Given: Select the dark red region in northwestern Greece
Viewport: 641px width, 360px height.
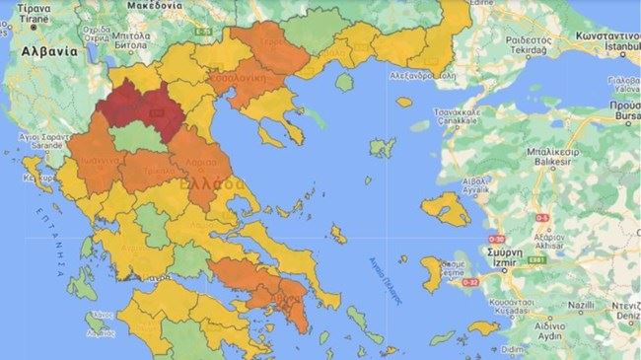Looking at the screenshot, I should click(x=142, y=108).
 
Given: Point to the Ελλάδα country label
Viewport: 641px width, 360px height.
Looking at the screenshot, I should click(x=222, y=183).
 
